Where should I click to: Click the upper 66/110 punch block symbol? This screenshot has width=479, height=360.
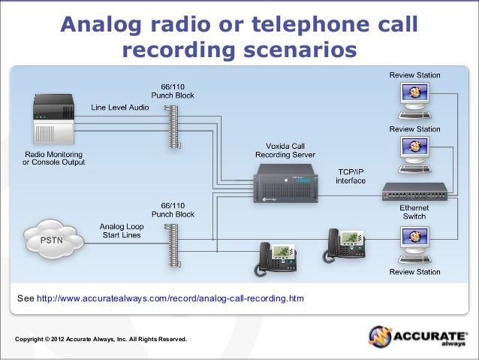(174, 125)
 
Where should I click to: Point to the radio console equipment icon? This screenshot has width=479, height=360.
(54, 119)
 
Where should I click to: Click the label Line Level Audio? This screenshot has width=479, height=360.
(120, 107)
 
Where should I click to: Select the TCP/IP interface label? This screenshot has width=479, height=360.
(351, 177)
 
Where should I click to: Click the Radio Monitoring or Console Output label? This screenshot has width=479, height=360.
(53, 158)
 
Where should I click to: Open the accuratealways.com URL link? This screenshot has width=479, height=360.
(170, 299)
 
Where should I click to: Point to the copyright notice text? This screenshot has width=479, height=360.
(101, 340)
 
